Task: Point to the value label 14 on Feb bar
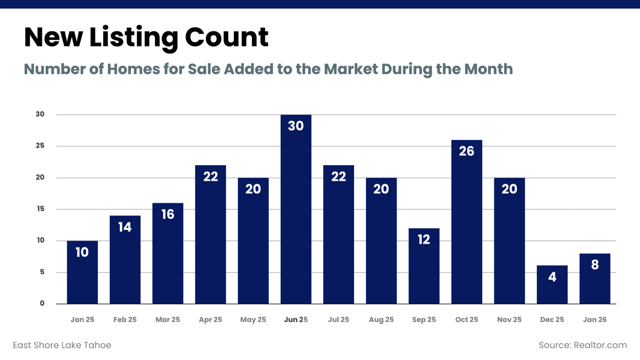125,227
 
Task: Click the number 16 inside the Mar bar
168,214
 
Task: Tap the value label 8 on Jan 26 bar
595,265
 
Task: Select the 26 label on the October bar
466,151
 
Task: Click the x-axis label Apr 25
210,319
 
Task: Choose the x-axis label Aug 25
381,319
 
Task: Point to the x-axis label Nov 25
509,319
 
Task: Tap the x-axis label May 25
253,319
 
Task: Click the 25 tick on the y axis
40,146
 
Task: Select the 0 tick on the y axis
42,303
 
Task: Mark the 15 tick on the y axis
40,209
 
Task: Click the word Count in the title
226,37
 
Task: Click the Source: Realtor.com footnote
582,345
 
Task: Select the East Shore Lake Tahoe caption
62,345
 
